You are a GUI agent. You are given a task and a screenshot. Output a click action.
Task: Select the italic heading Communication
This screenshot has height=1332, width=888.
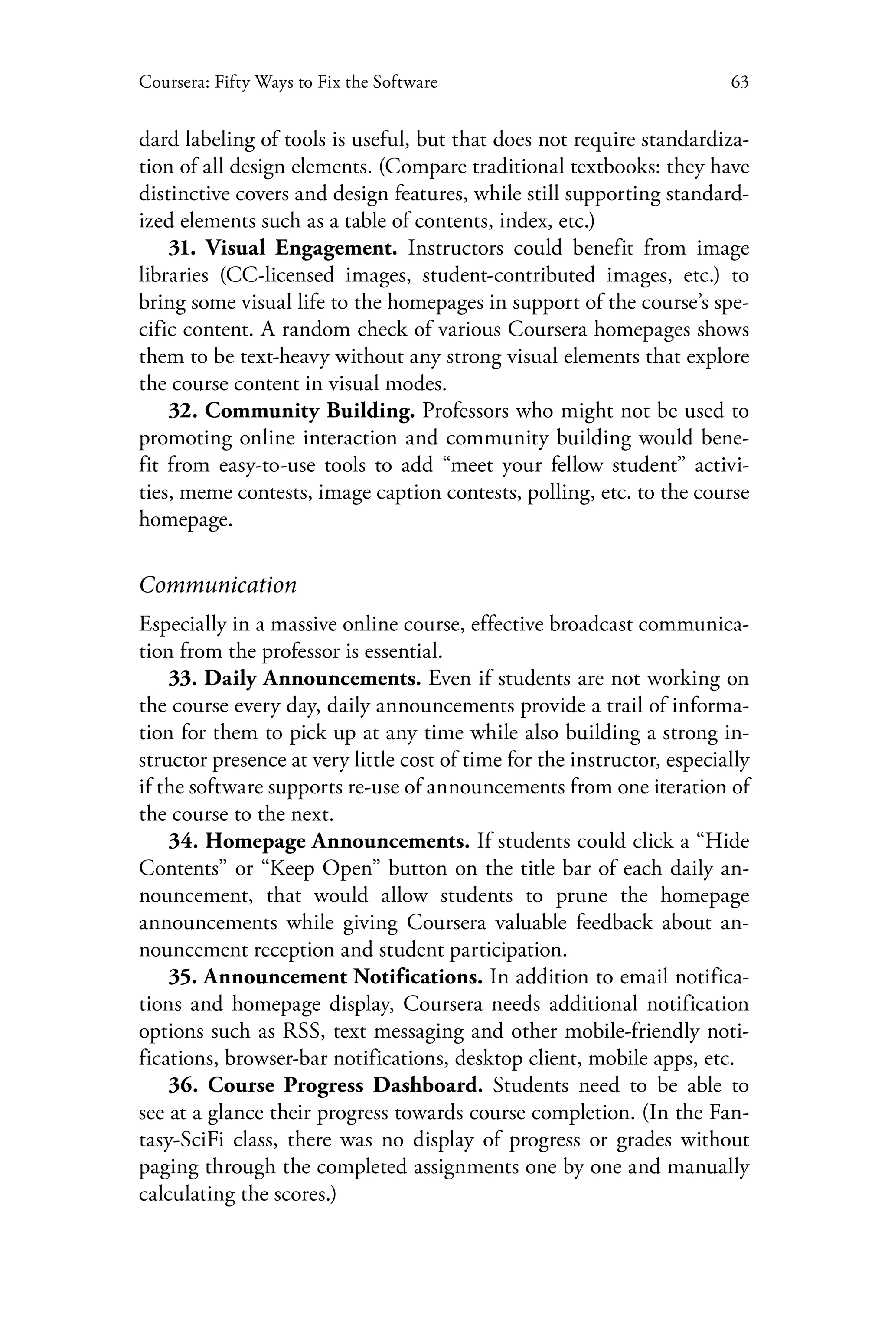click(x=218, y=585)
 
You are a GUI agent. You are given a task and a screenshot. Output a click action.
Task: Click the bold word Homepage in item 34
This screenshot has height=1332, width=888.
click(x=255, y=842)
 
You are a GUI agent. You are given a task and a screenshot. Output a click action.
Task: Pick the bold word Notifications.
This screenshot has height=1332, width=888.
click(x=418, y=977)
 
